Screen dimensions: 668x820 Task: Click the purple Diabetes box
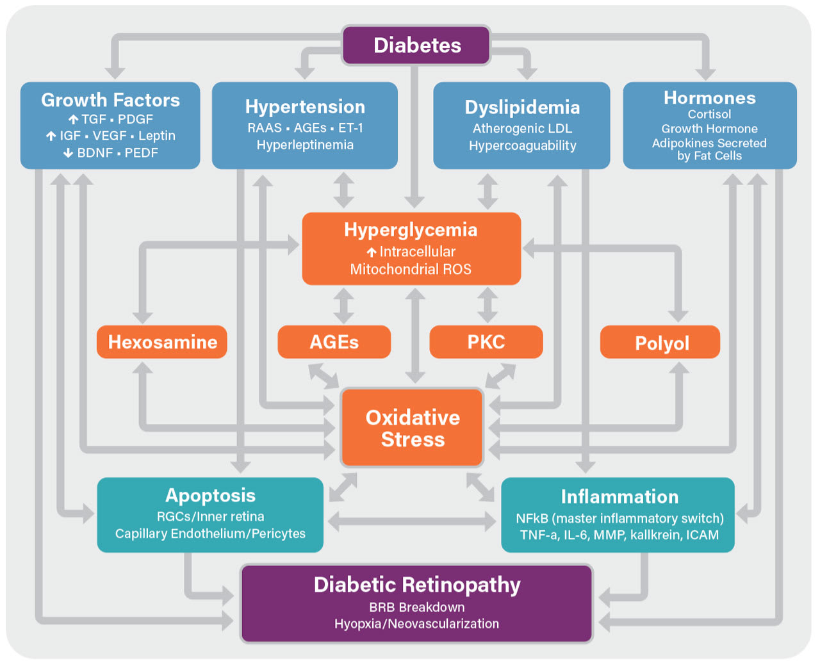416,45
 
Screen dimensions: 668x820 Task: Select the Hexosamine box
162,342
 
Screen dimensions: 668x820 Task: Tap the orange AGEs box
334,342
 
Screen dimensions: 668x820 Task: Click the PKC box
486,342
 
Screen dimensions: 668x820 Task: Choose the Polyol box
660,343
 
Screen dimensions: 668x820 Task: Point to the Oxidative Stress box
413,428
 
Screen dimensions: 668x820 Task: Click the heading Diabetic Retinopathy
417,585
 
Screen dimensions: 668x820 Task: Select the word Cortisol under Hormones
709,114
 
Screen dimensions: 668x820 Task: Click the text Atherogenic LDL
522,129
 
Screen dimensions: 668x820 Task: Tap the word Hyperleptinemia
305,145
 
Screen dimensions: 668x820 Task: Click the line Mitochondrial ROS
411,269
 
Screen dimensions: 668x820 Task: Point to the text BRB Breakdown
417,607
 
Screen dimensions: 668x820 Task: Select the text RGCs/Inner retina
210,516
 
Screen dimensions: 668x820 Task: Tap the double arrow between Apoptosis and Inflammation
411,521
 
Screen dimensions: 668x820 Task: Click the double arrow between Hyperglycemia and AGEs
343,305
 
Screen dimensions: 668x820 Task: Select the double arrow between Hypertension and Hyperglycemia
343,190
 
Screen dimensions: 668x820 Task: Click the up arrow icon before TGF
74,119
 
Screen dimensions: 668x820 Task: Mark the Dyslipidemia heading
522,107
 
